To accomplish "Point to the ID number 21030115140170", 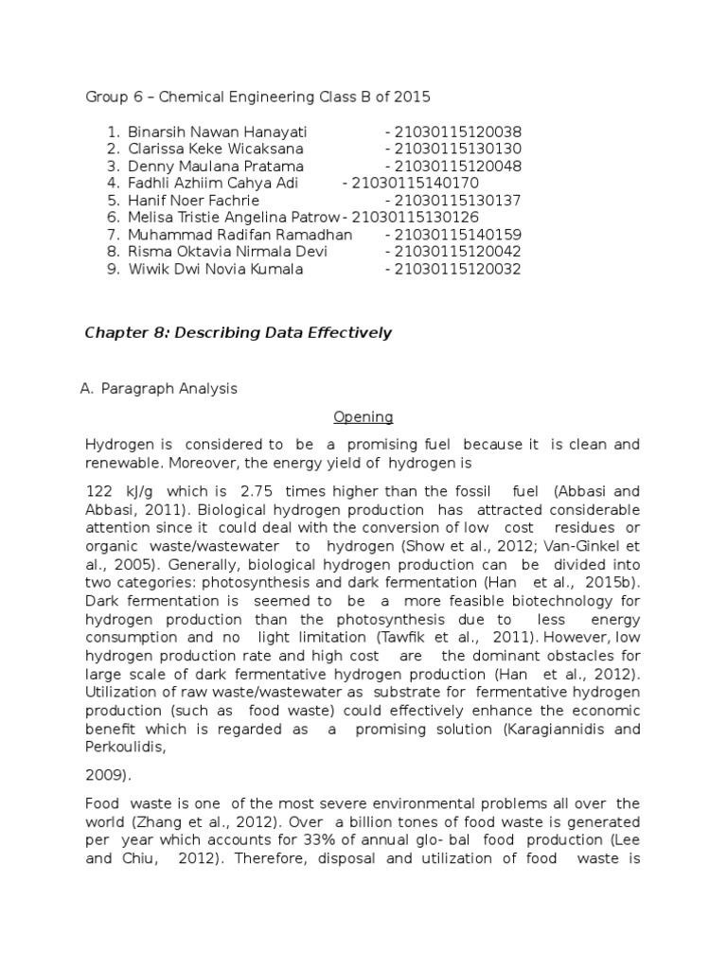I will point(415,183).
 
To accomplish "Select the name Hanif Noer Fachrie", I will point(193,201).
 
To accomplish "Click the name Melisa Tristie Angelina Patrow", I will point(233,218).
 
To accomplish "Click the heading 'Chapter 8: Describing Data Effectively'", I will point(238,332).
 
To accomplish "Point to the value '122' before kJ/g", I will point(98,491).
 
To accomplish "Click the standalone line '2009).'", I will point(109,775).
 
